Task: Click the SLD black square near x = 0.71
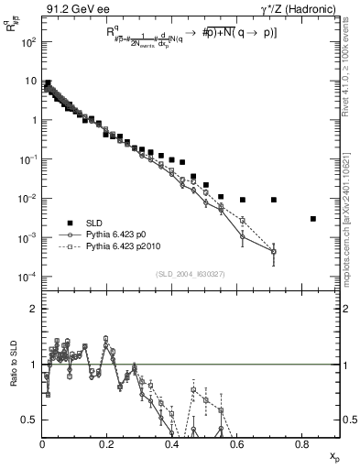point(274,200)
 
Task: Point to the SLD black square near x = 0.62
point(243,200)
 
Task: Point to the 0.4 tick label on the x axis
point(172,443)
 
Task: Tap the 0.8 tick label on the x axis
point(302,443)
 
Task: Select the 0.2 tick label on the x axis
point(107,443)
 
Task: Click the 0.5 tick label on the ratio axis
point(30,420)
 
